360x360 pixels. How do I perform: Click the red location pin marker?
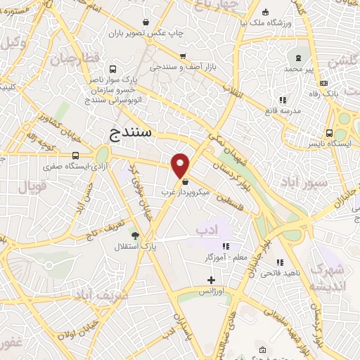[x=180, y=165]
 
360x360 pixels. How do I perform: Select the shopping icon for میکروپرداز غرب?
[x=184, y=181]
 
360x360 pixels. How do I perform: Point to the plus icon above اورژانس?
[x=210, y=280]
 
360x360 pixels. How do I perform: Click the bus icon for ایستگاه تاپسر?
[x=328, y=134]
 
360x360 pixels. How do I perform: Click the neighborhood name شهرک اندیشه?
[x=328, y=276]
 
